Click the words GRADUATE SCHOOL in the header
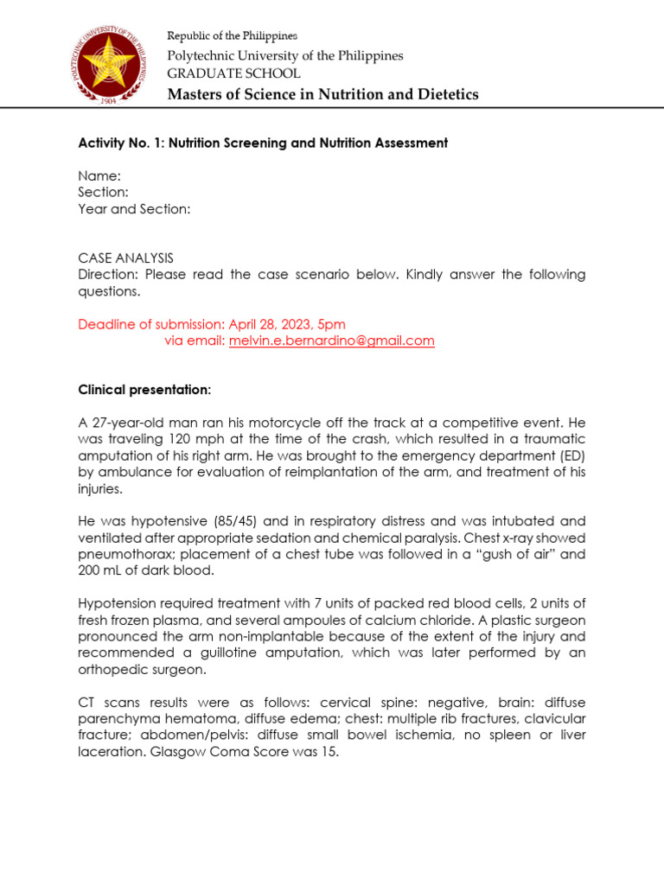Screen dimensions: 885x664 click(233, 73)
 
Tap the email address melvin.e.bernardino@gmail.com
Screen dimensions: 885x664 click(331, 341)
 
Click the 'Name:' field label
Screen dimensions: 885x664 click(99, 175)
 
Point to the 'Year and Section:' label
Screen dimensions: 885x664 click(134, 209)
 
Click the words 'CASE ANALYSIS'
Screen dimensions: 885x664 click(125, 258)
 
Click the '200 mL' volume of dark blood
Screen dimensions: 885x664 click(99, 570)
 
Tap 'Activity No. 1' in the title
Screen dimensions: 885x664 click(121, 143)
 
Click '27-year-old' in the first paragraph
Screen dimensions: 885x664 click(126, 423)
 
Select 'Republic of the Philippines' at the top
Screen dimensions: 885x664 click(232, 35)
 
